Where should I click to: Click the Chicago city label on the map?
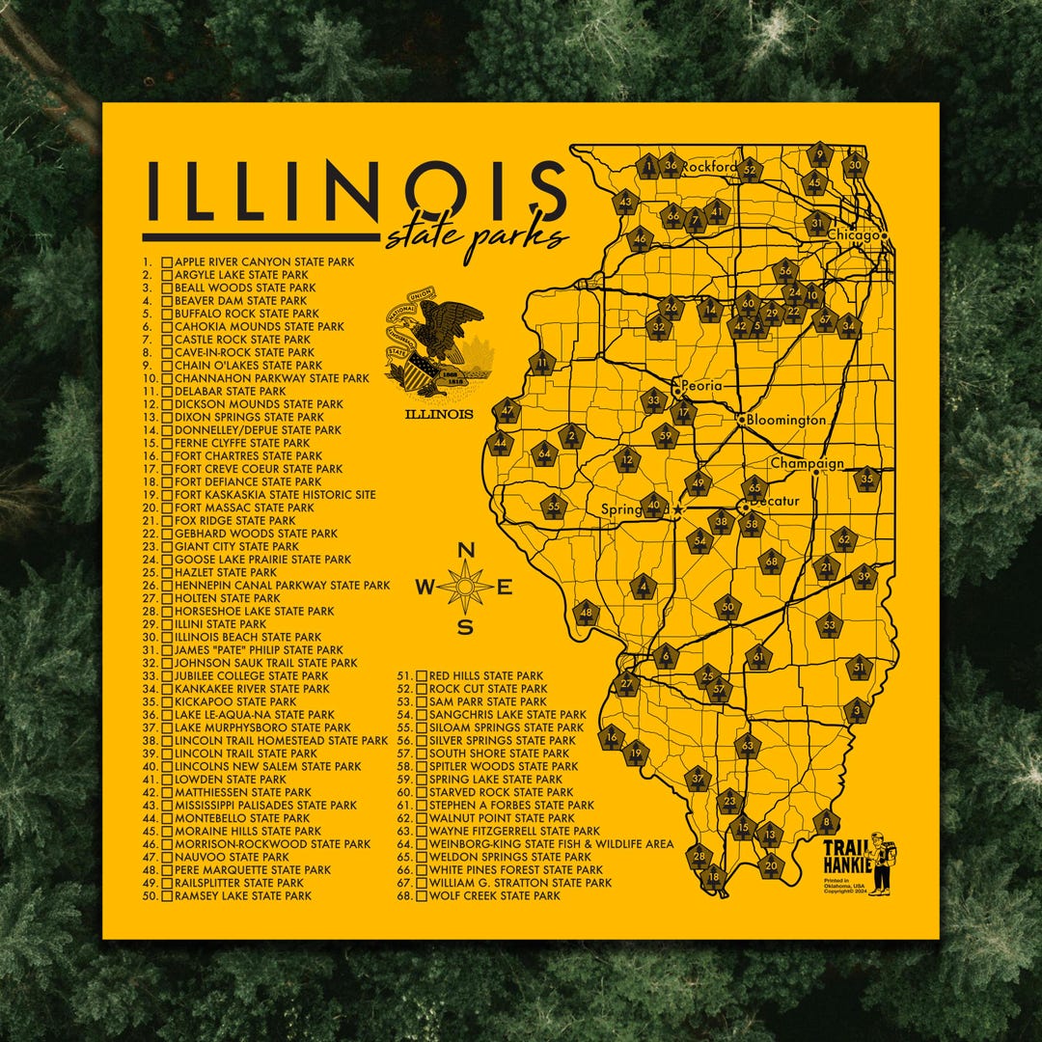click(854, 235)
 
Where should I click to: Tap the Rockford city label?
click(709, 167)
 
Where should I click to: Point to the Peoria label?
click(701, 386)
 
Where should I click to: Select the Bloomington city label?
click(786, 420)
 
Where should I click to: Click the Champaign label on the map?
click(807, 463)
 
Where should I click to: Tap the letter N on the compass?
click(465, 551)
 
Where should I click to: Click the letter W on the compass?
click(427, 587)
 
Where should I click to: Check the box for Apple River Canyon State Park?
click(167, 261)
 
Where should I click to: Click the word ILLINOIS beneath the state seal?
click(438, 414)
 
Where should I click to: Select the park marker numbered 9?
click(819, 154)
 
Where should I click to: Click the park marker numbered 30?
click(854, 165)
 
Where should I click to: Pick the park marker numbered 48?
click(586, 613)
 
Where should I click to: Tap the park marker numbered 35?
click(866, 479)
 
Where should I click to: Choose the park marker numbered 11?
click(542, 364)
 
